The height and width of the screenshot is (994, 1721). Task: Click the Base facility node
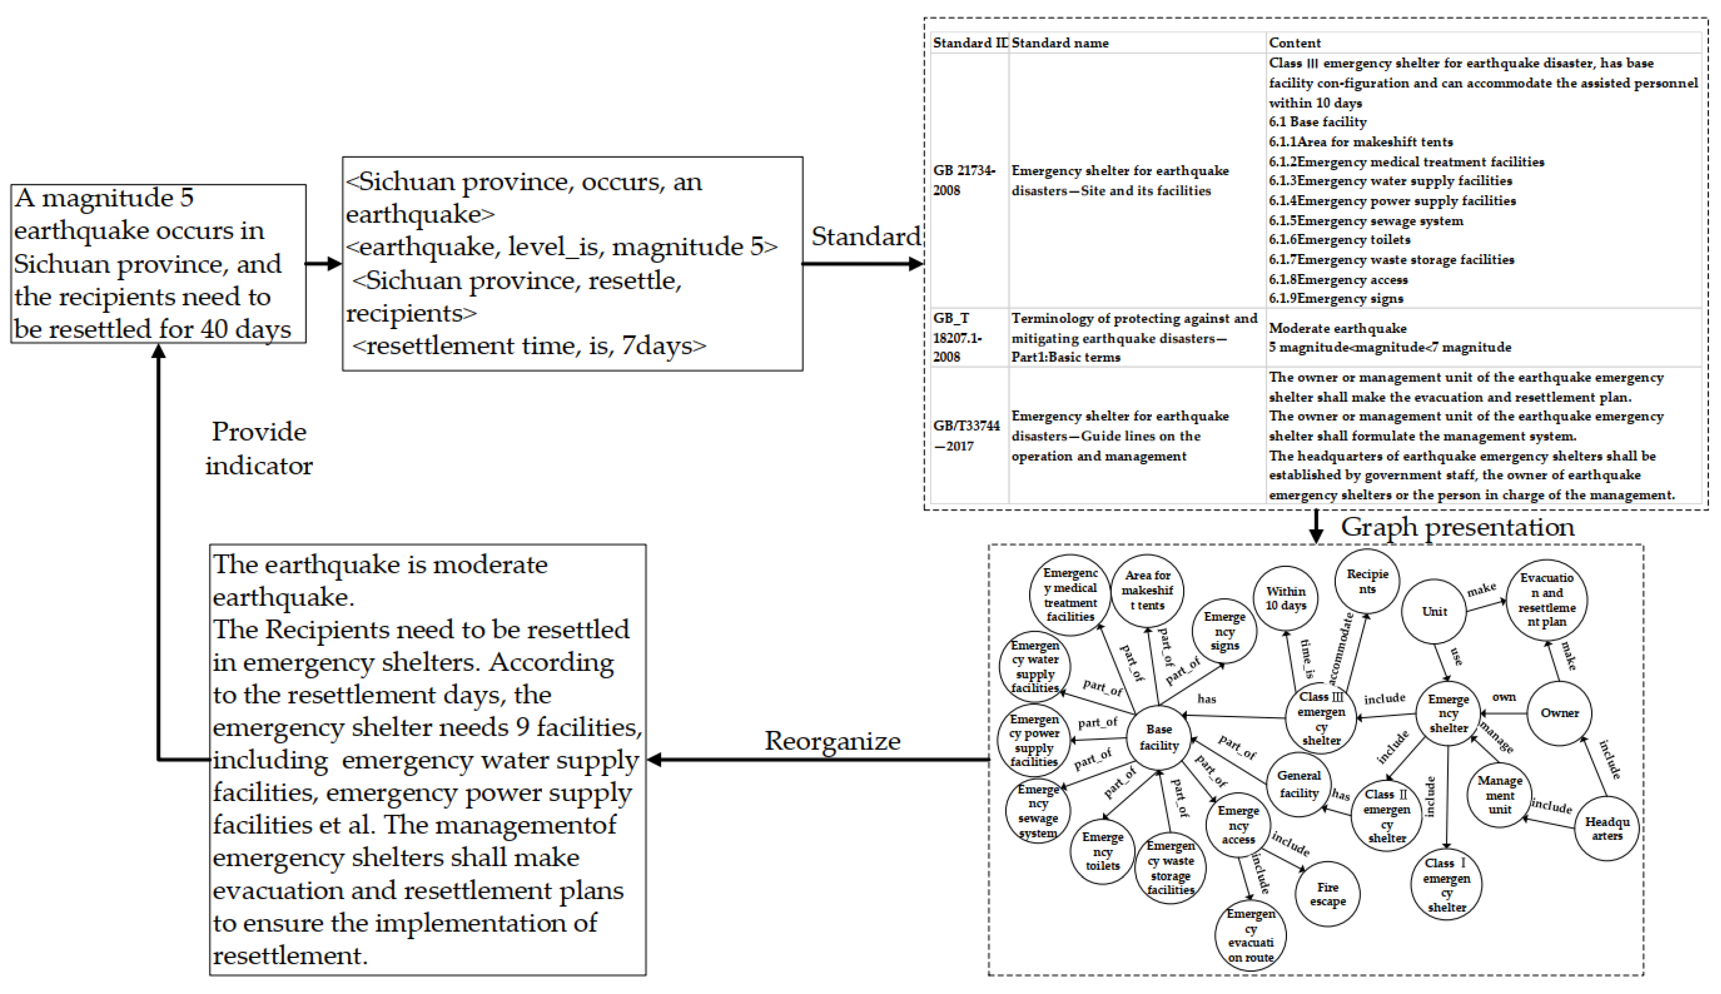tap(1159, 738)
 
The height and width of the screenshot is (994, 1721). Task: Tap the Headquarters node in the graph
tap(1606, 829)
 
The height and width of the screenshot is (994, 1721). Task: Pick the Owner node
tap(1559, 713)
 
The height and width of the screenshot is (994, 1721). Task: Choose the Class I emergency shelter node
tap(1446, 885)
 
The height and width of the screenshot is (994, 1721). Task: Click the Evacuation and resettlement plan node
tap(1546, 600)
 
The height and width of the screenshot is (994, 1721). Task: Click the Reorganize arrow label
tap(832, 741)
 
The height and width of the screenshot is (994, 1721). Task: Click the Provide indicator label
tap(259, 449)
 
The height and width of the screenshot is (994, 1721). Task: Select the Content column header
tap(1294, 43)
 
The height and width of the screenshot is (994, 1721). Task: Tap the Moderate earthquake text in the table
tap(1337, 328)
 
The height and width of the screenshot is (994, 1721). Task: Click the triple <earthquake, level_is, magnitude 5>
tap(561, 246)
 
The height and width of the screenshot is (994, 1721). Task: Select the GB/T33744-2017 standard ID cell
tap(965, 436)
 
